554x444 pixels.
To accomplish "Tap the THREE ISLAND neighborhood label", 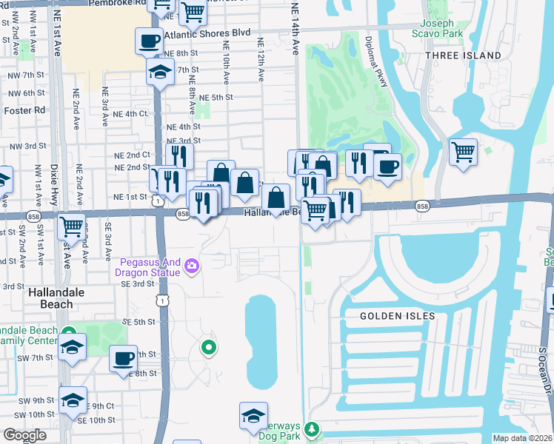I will click(x=452, y=55).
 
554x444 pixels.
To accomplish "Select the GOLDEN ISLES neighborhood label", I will click(x=397, y=316).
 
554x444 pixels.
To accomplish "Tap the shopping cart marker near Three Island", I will click(x=463, y=152).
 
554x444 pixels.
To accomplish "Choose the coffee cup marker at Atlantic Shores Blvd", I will click(x=149, y=40).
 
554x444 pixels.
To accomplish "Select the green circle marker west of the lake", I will click(x=209, y=346).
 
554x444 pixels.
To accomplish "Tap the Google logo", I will click(x=24, y=435).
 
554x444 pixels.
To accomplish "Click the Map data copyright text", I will click(x=523, y=438).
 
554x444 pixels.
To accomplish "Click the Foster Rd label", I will click(x=24, y=110).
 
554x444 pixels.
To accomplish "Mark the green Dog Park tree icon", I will click(x=311, y=429).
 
